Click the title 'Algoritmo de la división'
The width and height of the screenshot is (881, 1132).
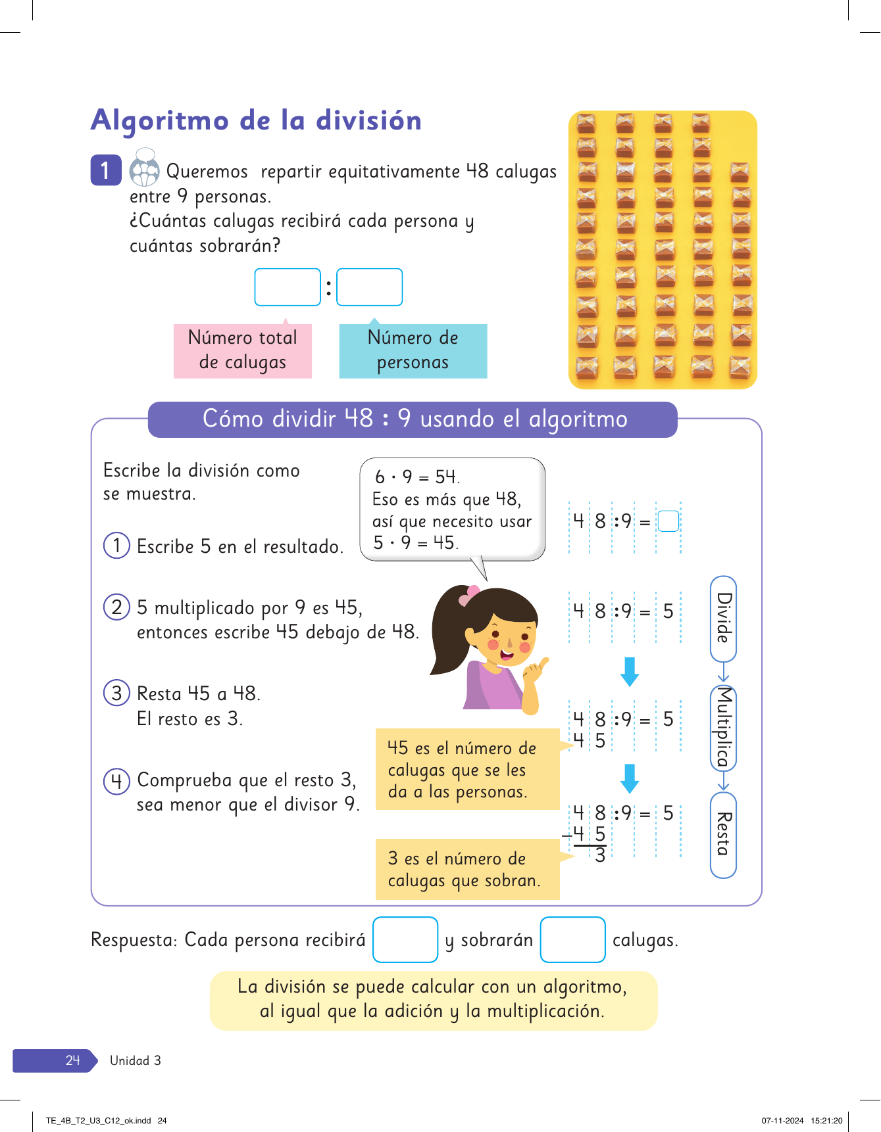click(x=256, y=121)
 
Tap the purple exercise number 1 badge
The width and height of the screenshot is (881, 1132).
click(x=105, y=170)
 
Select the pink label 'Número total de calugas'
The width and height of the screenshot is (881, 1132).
click(x=242, y=350)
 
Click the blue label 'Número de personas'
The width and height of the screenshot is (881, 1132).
click(x=413, y=350)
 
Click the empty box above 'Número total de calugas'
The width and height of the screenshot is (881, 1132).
click(x=288, y=287)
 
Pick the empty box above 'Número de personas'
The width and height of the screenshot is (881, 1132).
click(x=369, y=287)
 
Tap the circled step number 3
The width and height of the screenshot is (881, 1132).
click(x=116, y=693)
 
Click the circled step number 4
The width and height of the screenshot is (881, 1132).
click(x=116, y=781)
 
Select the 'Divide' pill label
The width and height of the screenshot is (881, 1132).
click(x=723, y=619)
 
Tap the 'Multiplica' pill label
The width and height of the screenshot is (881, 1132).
click(x=723, y=727)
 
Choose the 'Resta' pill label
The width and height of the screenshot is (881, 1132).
click(x=723, y=834)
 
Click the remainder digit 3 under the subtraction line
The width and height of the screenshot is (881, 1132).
click(x=600, y=855)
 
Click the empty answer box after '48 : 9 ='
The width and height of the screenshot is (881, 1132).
click(x=668, y=521)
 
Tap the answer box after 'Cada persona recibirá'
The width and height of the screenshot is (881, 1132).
click(x=405, y=939)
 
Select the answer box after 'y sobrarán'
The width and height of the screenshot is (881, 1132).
click(x=572, y=939)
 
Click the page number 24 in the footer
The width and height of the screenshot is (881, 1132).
click(x=72, y=1060)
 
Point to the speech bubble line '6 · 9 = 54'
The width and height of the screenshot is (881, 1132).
click(x=417, y=477)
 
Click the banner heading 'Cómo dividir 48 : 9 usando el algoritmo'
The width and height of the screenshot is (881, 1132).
click(x=414, y=419)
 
